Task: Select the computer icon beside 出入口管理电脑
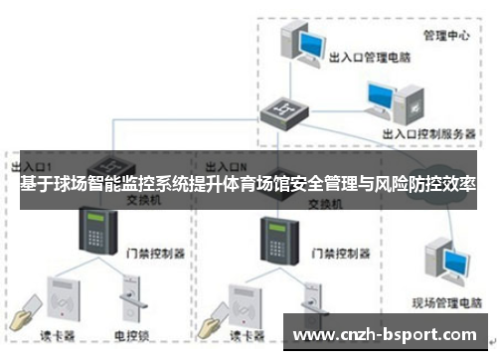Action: coord(302,42)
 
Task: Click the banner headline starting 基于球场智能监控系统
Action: coord(248,185)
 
